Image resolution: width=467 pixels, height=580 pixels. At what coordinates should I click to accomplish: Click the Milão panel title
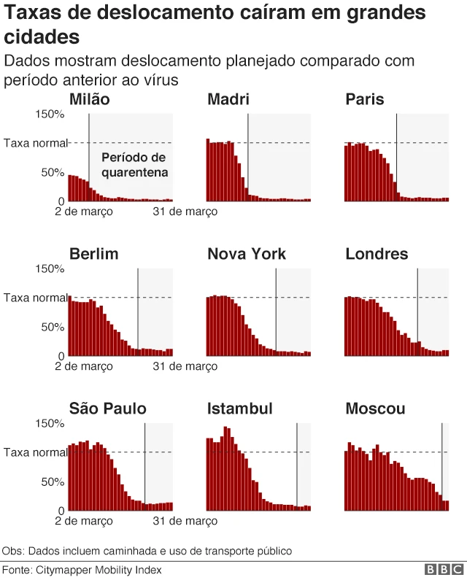(x=89, y=100)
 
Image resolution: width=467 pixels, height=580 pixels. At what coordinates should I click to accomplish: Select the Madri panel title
(x=228, y=100)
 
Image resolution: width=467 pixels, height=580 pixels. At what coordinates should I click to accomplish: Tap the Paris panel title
(x=365, y=100)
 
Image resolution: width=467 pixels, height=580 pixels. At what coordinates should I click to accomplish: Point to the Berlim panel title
(x=93, y=255)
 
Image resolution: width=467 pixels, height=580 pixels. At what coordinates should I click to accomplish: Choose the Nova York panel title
(x=247, y=255)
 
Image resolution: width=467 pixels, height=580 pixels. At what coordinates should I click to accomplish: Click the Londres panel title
(x=377, y=255)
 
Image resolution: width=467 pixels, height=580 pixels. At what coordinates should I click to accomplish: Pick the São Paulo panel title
(x=107, y=409)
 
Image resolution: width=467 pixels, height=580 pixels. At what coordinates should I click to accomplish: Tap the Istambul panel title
(x=239, y=409)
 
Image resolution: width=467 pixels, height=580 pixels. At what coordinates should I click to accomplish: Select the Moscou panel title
(x=375, y=409)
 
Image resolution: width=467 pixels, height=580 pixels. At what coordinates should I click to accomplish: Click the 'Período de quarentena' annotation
(x=134, y=166)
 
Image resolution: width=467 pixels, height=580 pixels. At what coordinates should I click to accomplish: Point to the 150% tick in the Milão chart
(x=50, y=115)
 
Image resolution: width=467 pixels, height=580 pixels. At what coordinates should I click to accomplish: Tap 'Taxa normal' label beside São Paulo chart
(x=35, y=452)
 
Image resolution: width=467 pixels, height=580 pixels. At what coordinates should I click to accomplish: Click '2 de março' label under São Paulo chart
(x=83, y=521)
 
